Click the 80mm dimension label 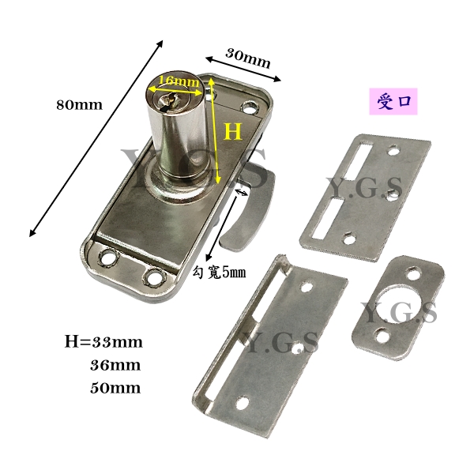[x=79, y=105]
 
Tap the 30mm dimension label [x=248, y=58]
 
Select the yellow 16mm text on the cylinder [x=179, y=81]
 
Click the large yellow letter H [x=233, y=131]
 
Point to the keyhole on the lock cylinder [x=168, y=99]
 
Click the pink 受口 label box [x=393, y=102]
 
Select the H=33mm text [x=103, y=343]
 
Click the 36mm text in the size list [x=115, y=366]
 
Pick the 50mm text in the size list [x=115, y=388]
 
